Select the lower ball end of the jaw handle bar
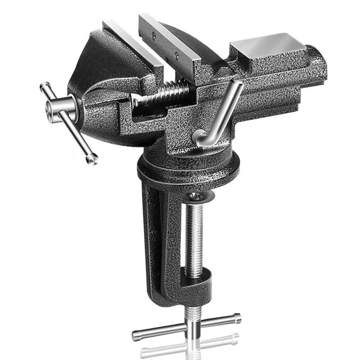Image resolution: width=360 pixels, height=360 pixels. [93, 158]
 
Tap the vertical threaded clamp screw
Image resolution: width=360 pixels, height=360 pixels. [194, 238]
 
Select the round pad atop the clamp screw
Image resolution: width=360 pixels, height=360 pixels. [196, 197]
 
